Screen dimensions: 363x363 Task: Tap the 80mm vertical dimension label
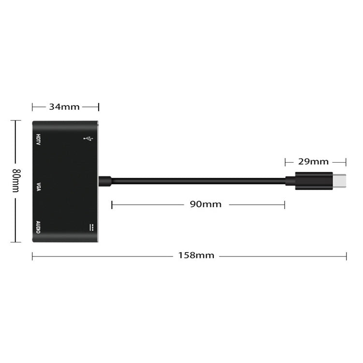16,181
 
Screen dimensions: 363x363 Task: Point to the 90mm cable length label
205,204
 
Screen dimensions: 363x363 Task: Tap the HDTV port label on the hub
38,140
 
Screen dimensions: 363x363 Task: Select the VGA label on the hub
38,186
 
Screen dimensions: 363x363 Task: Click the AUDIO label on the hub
38,227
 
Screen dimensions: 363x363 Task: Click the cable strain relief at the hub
105,181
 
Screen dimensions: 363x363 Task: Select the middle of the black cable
198,181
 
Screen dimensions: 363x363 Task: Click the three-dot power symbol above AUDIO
91,227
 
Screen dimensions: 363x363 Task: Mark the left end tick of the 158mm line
32,256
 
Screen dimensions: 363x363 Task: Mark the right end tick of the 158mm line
346,256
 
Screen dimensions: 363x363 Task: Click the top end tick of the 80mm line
16,121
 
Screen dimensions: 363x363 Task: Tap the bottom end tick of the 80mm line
16,242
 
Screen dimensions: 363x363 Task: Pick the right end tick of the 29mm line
346,162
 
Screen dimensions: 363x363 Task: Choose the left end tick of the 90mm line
112,205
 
